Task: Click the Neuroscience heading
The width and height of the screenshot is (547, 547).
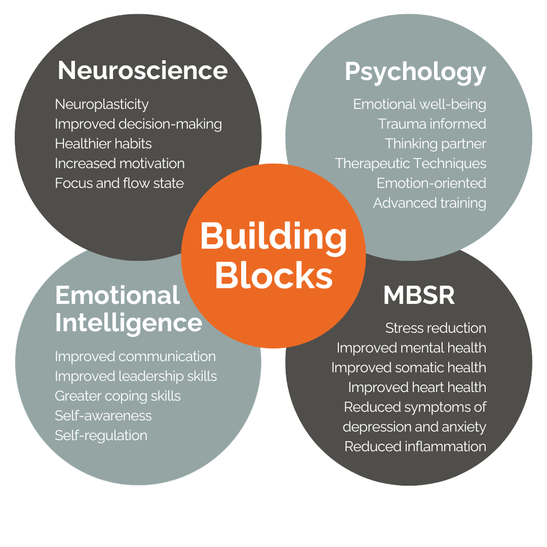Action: point(142,70)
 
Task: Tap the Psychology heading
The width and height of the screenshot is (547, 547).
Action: point(415,71)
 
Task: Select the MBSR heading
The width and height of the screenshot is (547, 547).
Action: point(419,296)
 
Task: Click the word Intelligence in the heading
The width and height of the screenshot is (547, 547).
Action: point(129,323)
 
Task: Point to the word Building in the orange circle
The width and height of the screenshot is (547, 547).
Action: point(273,237)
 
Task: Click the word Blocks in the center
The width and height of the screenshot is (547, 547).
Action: point(273,276)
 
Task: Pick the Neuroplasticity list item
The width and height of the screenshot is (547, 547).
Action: point(102,104)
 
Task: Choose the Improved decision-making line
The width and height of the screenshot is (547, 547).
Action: point(138,124)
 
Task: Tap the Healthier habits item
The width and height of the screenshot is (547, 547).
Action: point(103,144)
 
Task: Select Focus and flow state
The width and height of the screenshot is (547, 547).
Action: point(119,183)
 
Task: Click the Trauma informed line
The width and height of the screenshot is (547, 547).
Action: point(432,124)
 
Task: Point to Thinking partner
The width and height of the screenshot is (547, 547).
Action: point(435,144)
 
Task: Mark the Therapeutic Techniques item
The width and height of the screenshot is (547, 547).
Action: point(410,164)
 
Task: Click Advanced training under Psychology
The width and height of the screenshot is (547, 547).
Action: point(429,203)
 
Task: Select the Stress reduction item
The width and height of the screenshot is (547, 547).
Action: point(436,328)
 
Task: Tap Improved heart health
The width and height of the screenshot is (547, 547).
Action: point(417,387)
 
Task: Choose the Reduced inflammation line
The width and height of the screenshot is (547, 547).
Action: point(415,447)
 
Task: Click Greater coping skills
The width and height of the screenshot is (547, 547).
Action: point(118,396)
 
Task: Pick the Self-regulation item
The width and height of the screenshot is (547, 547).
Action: point(101,435)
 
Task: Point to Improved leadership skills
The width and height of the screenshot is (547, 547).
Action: point(136,376)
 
